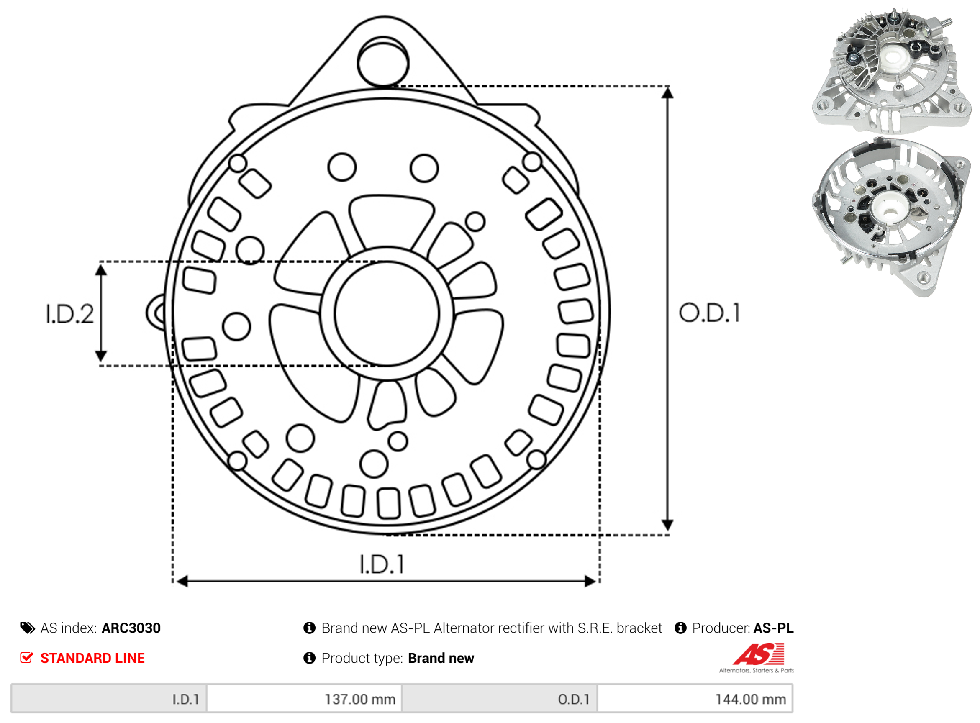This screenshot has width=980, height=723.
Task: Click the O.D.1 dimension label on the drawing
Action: [x=710, y=313]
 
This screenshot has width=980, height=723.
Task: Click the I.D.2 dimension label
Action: [x=70, y=314]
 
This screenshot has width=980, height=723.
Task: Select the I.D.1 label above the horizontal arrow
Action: [x=382, y=564]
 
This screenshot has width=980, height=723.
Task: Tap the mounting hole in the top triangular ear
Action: [x=383, y=63]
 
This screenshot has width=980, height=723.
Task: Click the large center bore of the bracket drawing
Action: [x=387, y=313]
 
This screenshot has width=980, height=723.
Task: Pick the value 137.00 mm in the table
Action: [x=360, y=700]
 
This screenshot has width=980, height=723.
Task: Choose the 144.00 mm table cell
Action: [x=751, y=700]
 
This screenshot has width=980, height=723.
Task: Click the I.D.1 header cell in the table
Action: [x=109, y=699]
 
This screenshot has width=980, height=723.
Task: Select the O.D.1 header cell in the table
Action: [x=500, y=699]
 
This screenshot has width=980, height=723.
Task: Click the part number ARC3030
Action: [x=131, y=628]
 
